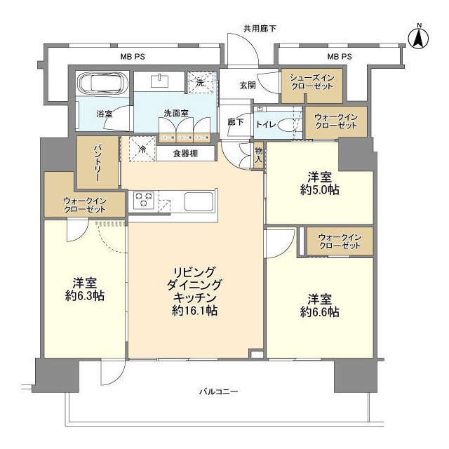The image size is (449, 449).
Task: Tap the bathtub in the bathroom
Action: click(x=102, y=83)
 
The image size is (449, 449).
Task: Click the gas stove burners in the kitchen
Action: click(x=143, y=201)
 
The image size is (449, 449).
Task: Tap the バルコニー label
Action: click(x=217, y=391)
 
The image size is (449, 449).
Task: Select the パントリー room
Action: click(x=98, y=161)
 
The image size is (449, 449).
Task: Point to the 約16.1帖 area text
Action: click(x=196, y=309)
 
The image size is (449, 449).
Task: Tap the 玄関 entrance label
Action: click(x=247, y=86)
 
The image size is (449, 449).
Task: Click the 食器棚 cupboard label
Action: click(x=185, y=153)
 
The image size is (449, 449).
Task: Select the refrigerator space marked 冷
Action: click(x=142, y=149)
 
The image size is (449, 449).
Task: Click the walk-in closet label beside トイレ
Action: click(x=335, y=121)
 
